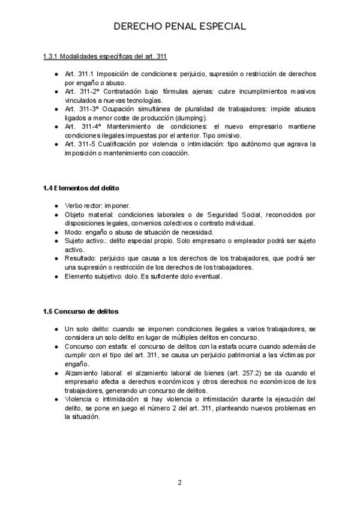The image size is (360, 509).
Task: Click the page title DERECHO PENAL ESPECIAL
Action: pyautogui.click(x=180, y=27)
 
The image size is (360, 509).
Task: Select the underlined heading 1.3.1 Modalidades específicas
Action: pyautogui.click(x=105, y=57)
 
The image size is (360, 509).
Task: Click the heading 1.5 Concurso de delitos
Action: pyautogui.click(x=81, y=312)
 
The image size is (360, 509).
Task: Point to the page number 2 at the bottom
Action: pyautogui.click(x=179, y=483)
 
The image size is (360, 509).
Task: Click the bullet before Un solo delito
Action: pyautogui.click(x=56, y=329)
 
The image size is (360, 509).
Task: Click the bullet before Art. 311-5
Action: pyautogui.click(x=56, y=145)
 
